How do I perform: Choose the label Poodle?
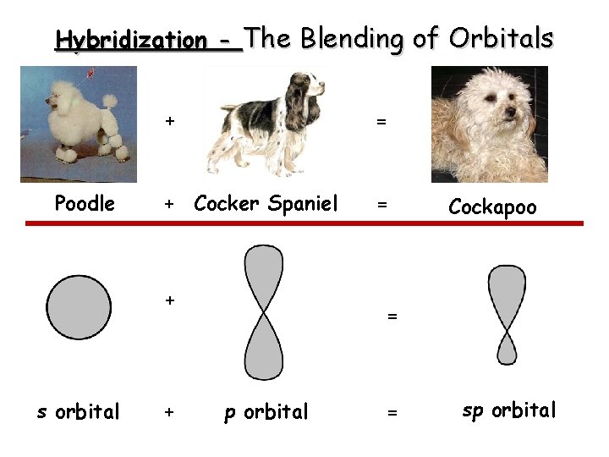[85, 203]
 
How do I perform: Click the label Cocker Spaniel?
[266, 203]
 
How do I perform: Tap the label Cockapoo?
[492, 206]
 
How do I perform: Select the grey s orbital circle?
[79, 306]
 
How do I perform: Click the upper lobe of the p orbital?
[263, 275]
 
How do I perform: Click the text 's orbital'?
[78, 412]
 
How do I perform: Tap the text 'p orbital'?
[266, 412]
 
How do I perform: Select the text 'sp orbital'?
[509, 410]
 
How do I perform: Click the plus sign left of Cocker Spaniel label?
[169, 204]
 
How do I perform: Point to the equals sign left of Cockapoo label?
[382, 205]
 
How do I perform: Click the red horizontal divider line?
[304, 223]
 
